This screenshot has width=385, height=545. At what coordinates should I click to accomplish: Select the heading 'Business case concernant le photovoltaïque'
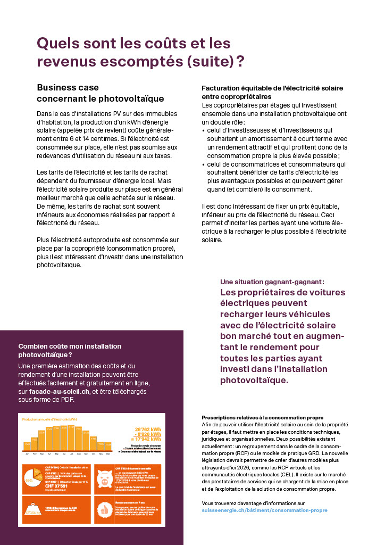100,93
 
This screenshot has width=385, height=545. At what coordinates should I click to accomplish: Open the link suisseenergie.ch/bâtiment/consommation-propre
264,510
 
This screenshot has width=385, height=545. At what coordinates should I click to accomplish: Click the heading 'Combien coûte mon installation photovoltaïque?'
70,350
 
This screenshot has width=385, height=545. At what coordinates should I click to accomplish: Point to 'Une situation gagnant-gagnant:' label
272,282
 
